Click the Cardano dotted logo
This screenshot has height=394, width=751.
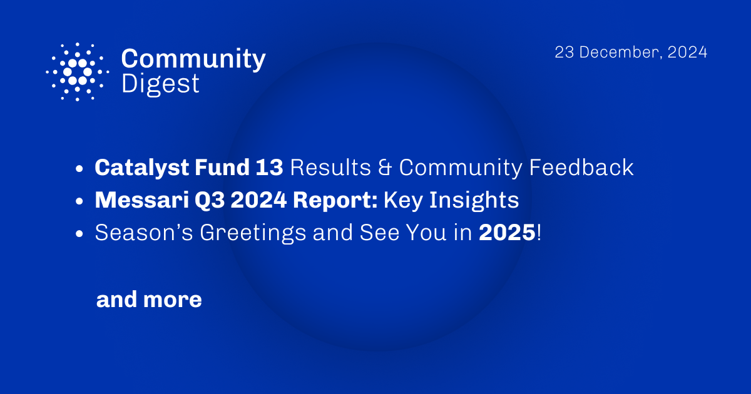coord(78,72)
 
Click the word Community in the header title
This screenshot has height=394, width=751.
coord(193,59)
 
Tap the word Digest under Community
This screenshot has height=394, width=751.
coord(160,84)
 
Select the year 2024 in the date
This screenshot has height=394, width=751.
coord(687,53)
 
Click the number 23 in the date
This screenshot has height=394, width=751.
coord(565,53)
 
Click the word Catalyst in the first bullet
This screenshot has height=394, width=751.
coord(141,168)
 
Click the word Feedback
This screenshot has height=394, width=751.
coord(581,167)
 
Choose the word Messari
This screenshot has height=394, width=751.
coord(142,200)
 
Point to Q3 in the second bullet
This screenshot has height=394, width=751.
coord(210,201)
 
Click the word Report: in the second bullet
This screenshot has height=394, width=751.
coord(335,201)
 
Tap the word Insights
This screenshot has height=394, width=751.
coord(474,201)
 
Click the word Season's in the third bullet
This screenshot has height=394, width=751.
coord(144,233)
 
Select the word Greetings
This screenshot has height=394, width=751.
coord(253,233)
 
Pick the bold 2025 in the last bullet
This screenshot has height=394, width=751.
coord(507,233)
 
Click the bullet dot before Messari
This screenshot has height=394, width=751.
coord(79,201)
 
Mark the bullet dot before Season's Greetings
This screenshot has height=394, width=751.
coord(79,233)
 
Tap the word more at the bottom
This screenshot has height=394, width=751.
coord(172,300)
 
